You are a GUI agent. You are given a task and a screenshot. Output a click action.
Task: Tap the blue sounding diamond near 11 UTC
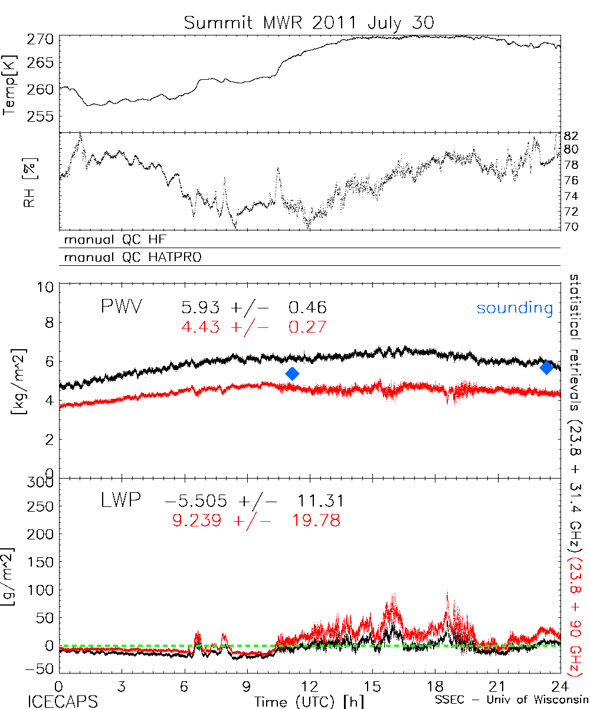pos(292,373)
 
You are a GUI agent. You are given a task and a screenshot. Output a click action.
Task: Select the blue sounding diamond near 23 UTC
pos(546,367)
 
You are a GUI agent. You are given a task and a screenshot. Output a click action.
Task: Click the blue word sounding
pos(515,308)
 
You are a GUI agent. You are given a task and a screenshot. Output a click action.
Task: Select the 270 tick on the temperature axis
pos(41,40)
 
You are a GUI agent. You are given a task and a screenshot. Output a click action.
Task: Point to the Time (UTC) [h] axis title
pos(301,701)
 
